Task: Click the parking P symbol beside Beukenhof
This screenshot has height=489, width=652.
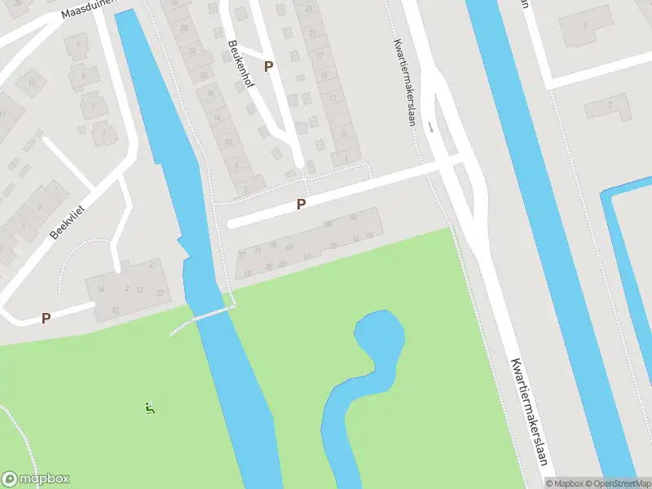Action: click(x=269, y=66)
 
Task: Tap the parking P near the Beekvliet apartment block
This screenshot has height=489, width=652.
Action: click(x=46, y=319)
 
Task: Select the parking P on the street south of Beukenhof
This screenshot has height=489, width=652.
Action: click(x=301, y=205)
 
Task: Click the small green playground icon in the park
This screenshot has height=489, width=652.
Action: click(x=149, y=407)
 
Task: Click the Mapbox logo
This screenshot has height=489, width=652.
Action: click(x=36, y=479)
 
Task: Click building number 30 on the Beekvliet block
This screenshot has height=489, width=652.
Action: click(x=115, y=310)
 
